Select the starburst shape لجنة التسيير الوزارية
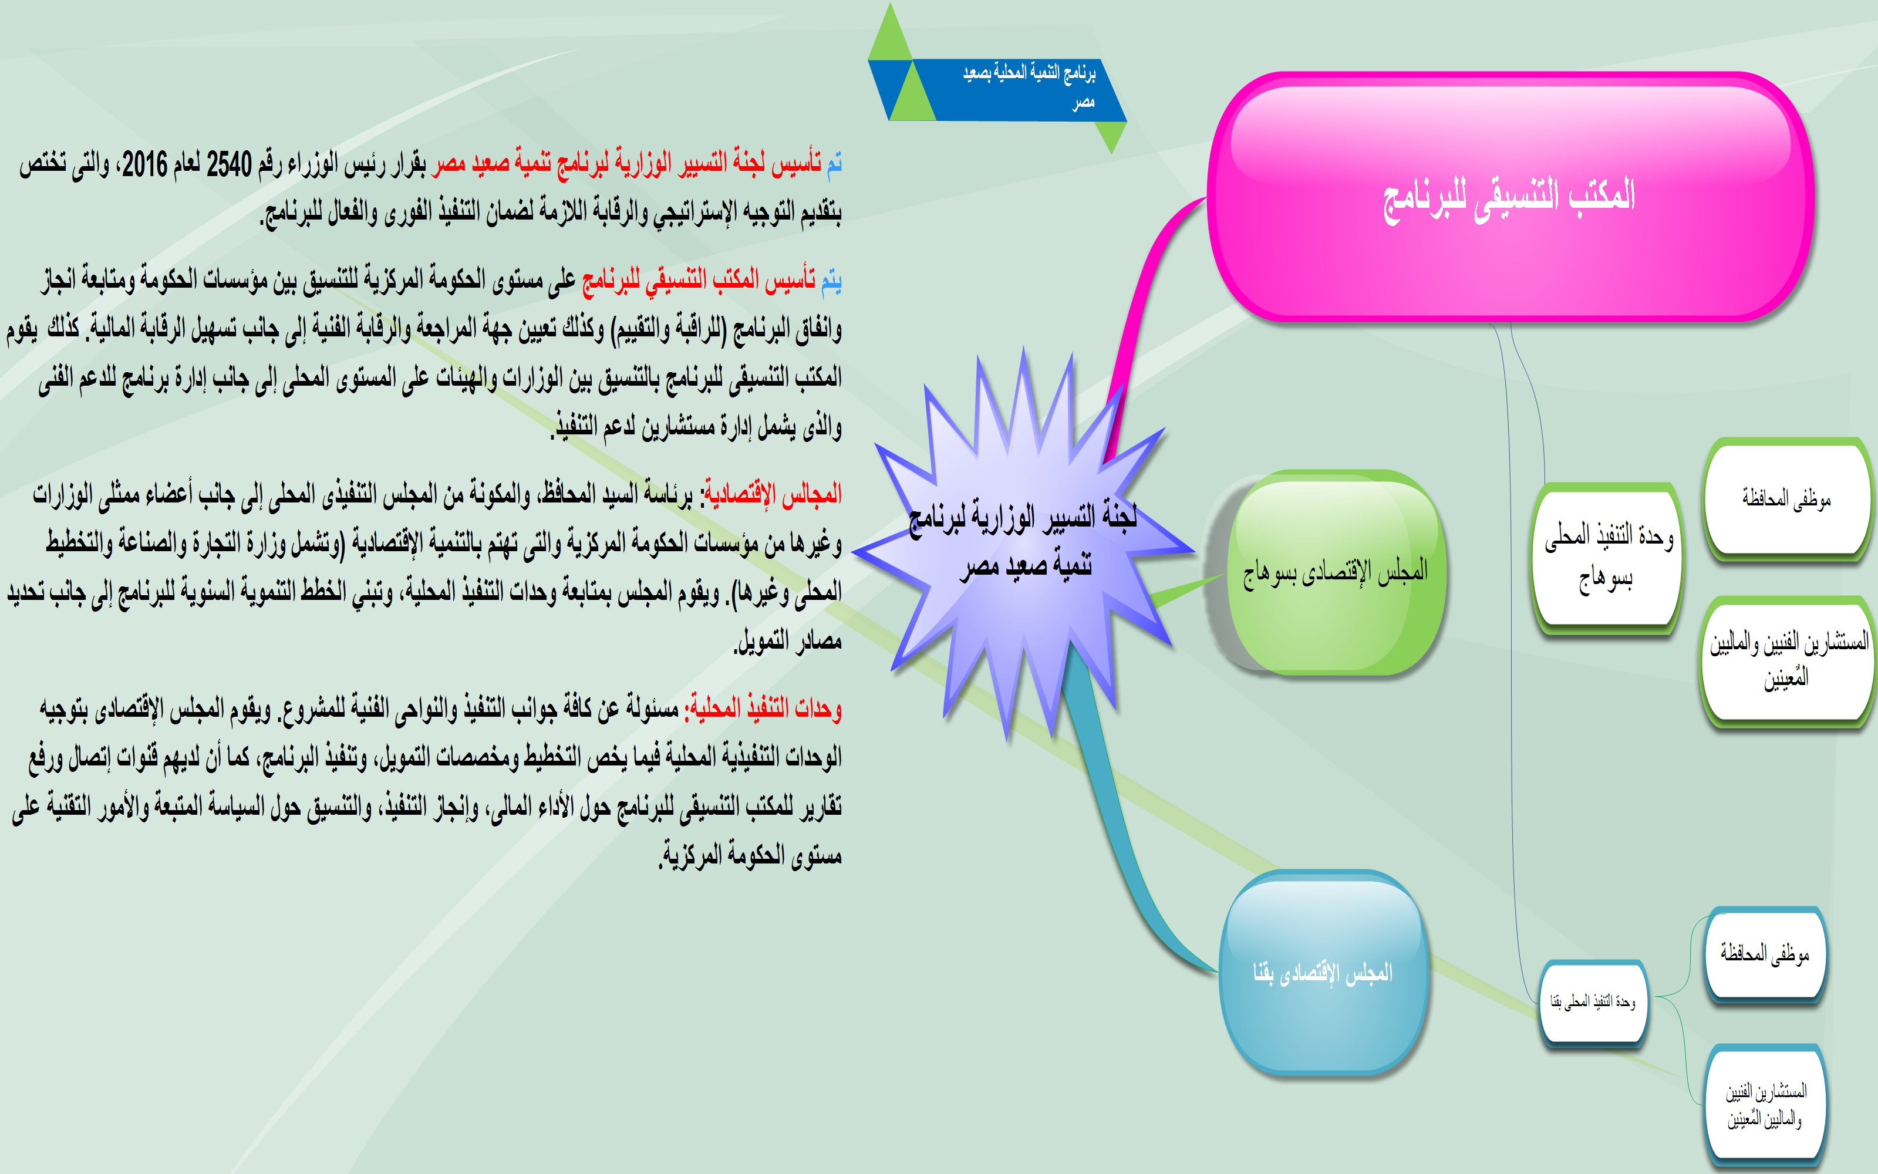pos(1023,544)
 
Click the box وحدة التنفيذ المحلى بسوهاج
pos(1607,558)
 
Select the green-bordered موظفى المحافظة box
pos(1787,498)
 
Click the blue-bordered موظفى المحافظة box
pos(1765,953)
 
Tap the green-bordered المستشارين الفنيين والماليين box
pos(1788,660)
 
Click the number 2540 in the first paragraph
pos(229,164)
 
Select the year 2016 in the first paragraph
pos(145,164)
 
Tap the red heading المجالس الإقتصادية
pos(773,494)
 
